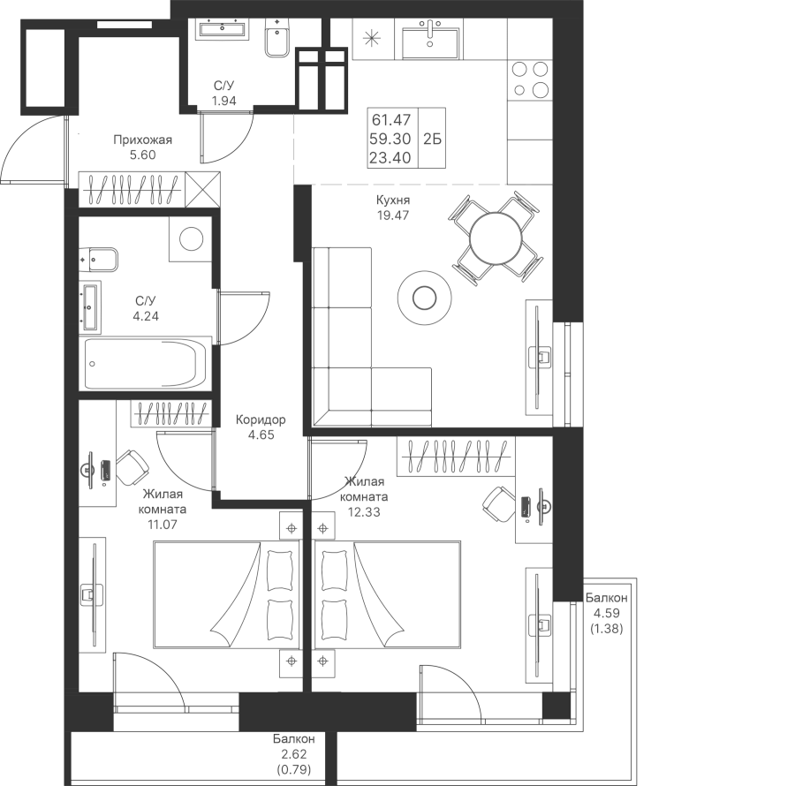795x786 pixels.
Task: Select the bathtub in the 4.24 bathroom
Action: coord(146,363)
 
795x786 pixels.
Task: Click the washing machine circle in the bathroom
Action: coord(189,238)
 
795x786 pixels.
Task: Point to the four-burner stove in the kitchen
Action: coord(528,79)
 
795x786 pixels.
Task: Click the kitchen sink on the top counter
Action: coord(430,40)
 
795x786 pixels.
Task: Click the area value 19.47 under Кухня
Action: coord(393,215)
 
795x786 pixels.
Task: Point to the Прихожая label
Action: coord(141,140)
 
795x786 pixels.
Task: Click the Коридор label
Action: coord(261,420)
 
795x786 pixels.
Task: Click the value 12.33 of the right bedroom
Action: coord(363,510)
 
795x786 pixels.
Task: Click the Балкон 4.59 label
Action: coord(606,598)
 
